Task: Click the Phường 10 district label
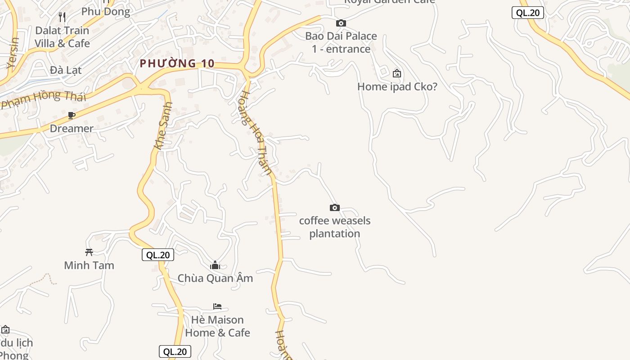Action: tap(177, 63)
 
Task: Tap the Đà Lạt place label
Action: tap(66, 70)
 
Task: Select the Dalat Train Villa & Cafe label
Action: tap(62, 37)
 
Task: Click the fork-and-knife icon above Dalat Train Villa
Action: tap(63, 17)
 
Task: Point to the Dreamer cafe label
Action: tap(72, 128)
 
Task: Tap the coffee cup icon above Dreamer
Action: tap(72, 116)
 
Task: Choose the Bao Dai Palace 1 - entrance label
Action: tap(341, 42)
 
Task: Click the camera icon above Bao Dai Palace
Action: tap(341, 23)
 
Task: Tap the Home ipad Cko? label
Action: tap(397, 86)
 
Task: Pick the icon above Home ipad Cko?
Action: tap(397, 73)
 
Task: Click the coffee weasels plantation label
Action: tap(335, 227)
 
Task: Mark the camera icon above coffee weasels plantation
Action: tap(334, 207)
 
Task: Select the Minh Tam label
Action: tap(89, 265)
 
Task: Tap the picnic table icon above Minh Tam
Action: tap(89, 252)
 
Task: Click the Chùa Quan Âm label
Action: tap(215, 278)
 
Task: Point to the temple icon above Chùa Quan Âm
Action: tap(215, 265)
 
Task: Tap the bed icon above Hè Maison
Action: tap(217, 306)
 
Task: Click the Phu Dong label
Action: tap(106, 12)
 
